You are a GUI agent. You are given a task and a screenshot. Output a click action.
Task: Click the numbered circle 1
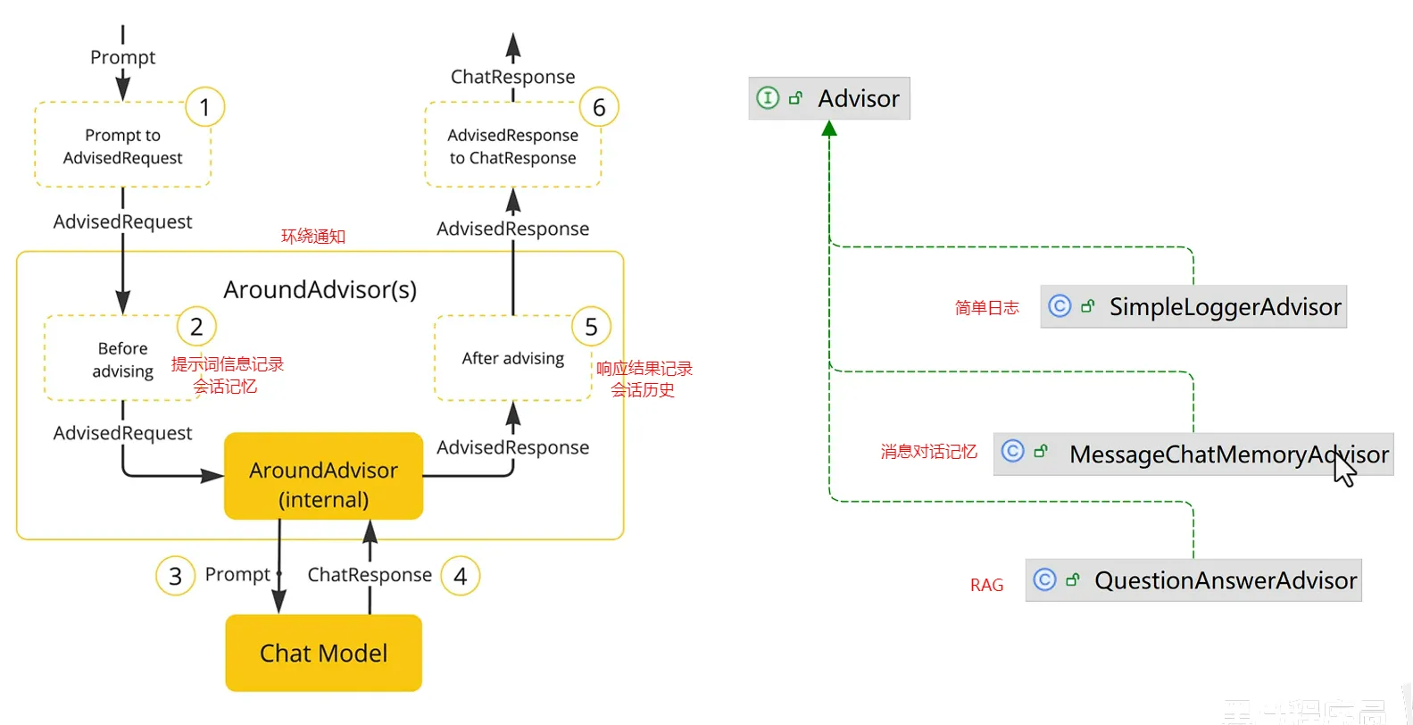[205, 107]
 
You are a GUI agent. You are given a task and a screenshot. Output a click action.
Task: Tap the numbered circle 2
[196, 327]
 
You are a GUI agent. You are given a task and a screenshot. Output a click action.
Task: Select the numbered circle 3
[175, 576]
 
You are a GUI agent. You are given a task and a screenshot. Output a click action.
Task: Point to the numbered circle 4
[461, 576]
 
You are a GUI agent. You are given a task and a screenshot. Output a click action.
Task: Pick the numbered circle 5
[591, 327]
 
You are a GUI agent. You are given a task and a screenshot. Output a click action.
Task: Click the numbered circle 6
[599, 107]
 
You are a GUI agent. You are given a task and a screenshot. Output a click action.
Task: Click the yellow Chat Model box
[323, 653]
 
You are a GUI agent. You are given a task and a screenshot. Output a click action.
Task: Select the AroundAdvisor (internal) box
[323, 477]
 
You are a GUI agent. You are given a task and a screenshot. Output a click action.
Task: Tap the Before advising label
[123, 360]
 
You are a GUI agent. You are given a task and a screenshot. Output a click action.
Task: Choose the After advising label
[512, 358]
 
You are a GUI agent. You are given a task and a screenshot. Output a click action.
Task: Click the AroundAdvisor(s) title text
[320, 289]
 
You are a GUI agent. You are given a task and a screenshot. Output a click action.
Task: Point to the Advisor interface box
[829, 98]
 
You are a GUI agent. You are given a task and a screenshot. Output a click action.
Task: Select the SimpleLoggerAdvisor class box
[1193, 307]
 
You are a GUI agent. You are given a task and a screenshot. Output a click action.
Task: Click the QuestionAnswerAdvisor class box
[1193, 580]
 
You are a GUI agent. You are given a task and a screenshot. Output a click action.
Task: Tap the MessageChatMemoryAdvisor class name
[1228, 454]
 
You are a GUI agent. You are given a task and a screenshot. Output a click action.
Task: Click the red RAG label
[986, 585]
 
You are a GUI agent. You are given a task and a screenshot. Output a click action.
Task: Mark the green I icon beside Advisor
[768, 98]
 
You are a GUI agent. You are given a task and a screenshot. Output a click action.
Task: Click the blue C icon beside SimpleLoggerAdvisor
[1060, 306]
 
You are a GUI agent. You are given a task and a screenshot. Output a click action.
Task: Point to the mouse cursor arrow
[1343, 468]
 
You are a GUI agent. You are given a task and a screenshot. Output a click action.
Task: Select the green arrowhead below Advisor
[829, 129]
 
